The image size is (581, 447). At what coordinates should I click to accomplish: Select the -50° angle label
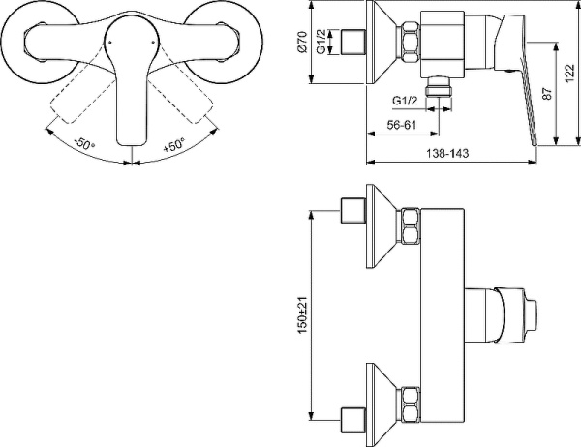(83, 145)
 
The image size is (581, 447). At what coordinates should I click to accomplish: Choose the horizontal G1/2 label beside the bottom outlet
(406, 101)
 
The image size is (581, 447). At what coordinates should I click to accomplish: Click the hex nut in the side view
(411, 45)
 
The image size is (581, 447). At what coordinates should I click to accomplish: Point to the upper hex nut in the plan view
(411, 227)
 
